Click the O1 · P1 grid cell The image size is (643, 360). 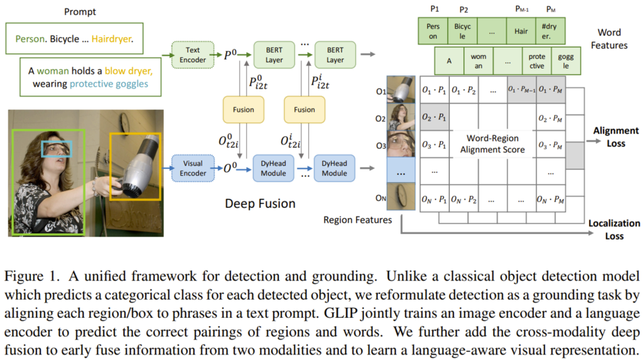435,90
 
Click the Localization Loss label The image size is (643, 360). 614,229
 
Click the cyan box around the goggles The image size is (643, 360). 57,149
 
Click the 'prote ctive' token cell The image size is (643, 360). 537,62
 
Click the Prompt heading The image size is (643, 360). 81,11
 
